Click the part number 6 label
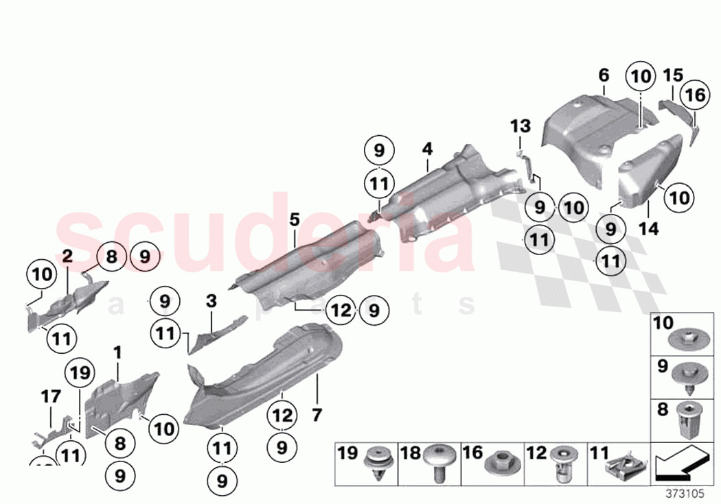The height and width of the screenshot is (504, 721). pyautogui.click(x=604, y=75)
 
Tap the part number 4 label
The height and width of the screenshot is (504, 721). pyautogui.click(x=427, y=148)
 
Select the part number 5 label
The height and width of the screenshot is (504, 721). pyautogui.click(x=294, y=220)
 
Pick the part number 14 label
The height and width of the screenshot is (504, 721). pyautogui.click(x=648, y=228)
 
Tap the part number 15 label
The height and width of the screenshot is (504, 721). pyautogui.click(x=673, y=75)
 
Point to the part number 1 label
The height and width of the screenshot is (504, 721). pyautogui.click(x=117, y=352)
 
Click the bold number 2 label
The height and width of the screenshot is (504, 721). pyautogui.click(x=67, y=257)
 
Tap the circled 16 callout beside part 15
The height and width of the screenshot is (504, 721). pyautogui.click(x=695, y=96)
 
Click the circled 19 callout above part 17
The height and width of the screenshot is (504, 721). pyautogui.click(x=80, y=374)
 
